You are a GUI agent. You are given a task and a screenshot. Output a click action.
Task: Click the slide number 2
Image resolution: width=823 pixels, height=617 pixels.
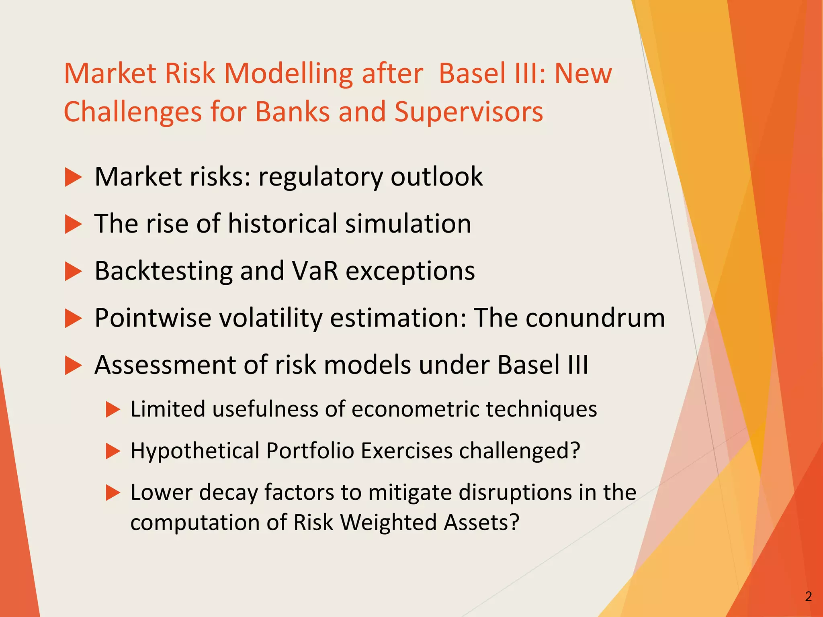point(808,597)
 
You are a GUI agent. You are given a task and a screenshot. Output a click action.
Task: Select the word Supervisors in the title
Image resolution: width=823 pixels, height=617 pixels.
point(469,112)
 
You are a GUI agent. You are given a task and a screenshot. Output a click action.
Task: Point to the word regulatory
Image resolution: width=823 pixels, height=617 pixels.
point(320,178)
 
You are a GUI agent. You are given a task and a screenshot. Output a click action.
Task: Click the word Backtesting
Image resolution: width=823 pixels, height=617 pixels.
point(164,271)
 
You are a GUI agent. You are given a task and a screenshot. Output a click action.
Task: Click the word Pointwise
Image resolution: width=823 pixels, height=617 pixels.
point(153,318)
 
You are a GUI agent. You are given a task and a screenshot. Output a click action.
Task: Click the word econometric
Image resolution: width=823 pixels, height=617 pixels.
point(415,409)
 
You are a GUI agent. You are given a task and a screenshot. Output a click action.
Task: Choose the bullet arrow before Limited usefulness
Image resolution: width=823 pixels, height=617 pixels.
point(113,410)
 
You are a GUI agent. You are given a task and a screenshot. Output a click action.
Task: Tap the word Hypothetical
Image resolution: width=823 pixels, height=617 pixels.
point(195,451)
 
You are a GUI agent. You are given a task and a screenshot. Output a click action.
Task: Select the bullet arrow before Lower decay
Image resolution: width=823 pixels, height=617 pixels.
point(113,493)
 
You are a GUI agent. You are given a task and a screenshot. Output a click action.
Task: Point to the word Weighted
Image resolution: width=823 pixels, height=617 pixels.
point(389,523)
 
